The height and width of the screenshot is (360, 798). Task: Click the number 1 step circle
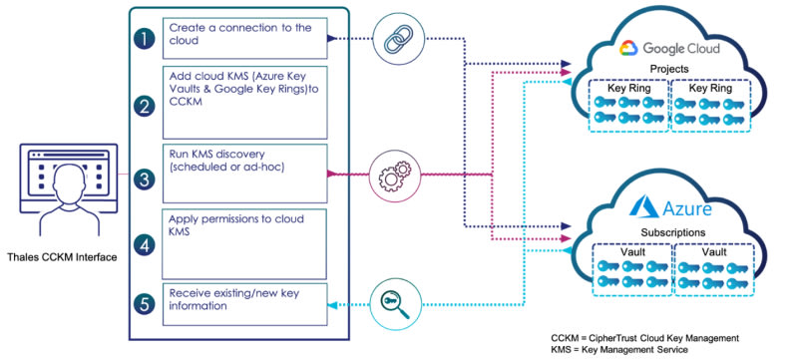click(x=145, y=39)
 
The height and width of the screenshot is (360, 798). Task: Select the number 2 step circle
click(x=145, y=107)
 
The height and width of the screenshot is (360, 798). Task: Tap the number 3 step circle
click(x=145, y=179)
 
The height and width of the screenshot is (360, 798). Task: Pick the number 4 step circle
click(x=145, y=246)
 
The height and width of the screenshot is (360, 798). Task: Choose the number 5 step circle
click(x=145, y=304)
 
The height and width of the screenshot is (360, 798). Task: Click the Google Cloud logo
click(x=629, y=48)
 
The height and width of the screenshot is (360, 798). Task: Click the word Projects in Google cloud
click(x=669, y=69)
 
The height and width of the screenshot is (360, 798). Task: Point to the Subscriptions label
click(x=672, y=233)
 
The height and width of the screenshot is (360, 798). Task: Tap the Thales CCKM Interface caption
click(x=62, y=257)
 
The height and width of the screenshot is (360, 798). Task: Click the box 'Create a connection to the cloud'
click(x=244, y=38)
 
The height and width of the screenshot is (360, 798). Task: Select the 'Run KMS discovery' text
click(x=217, y=153)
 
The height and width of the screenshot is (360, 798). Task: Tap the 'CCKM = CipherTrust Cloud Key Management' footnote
click(x=644, y=338)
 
